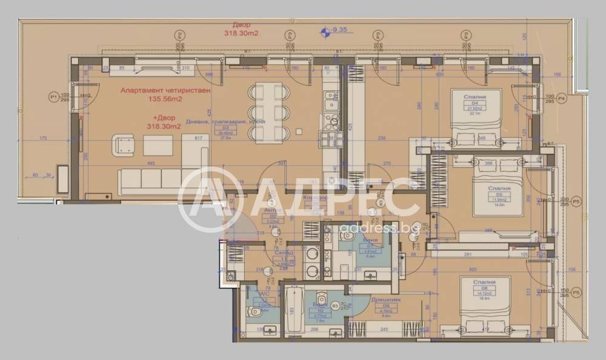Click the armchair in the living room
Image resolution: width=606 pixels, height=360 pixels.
[x=124, y=145]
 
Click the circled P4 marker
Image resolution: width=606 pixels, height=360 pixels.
[x=561, y=97]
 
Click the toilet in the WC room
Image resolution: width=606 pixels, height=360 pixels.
[x=255, y=312]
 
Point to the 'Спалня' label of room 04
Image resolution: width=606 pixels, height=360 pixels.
[x=475, y=96]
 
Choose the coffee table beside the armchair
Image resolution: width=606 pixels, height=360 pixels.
[x=158, y=145]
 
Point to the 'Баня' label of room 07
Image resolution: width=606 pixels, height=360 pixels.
[x=370, y=241]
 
